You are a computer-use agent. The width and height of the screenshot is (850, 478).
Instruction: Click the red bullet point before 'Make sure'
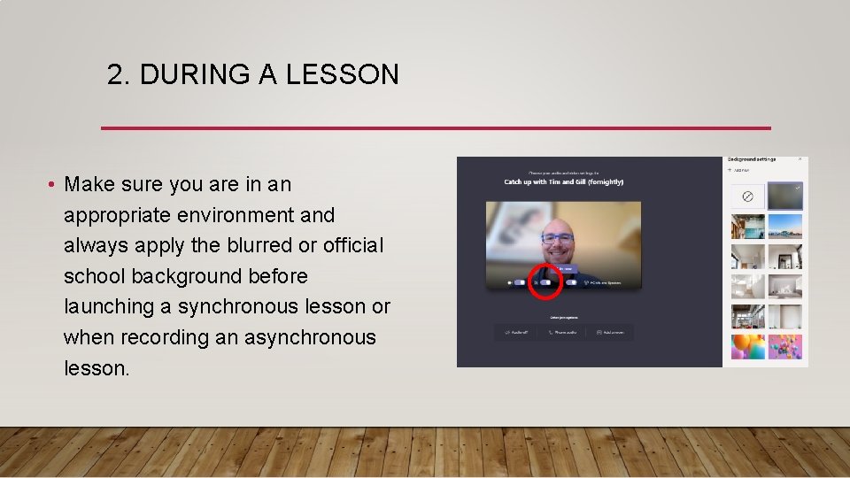tap(53, 185)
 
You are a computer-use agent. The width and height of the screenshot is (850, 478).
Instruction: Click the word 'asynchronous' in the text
tap(309, 337)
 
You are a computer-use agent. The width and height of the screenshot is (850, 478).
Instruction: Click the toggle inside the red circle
tap(545, 282)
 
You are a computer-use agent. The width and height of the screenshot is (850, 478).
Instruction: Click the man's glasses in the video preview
tap(558, 237)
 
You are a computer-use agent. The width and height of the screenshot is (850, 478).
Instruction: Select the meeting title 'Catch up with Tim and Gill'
tap(563, 182)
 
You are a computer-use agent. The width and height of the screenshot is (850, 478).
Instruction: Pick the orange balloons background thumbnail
tap(747, 345)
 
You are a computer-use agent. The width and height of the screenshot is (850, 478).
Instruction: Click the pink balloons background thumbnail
tap(784, 345)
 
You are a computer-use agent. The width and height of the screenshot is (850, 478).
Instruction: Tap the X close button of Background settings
tap(800, 159)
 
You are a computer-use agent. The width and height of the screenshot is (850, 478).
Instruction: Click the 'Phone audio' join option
tap(563, 333)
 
